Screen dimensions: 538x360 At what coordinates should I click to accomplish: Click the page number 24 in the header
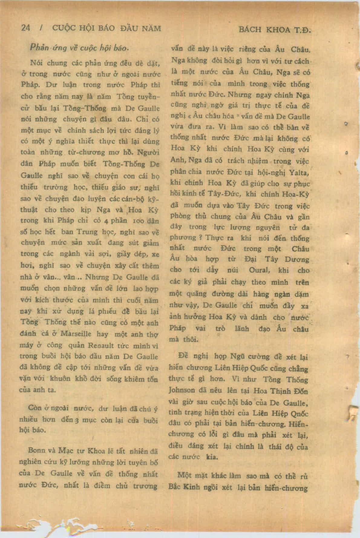pos(26,28)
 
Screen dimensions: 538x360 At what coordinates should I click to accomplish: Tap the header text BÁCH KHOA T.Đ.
pos(275,30)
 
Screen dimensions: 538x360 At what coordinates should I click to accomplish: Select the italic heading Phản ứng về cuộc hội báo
pos(79,48)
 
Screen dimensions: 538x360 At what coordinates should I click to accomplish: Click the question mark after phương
pos(200,238)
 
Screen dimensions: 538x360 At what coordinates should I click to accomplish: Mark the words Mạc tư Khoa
pos(77,451)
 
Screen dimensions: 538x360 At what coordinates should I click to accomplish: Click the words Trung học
pos(91,232)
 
